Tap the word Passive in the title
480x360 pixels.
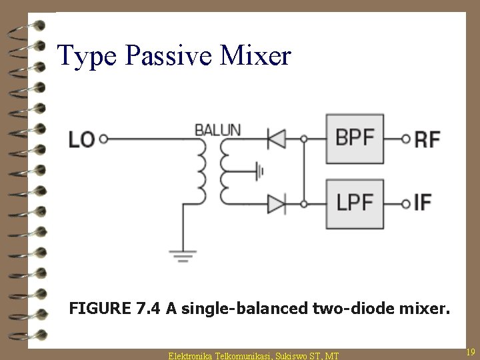174,55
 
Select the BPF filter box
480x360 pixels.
355,139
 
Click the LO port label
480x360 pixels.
81,140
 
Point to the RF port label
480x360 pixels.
427,139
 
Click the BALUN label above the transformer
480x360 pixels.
217,129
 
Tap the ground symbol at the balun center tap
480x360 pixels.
259,171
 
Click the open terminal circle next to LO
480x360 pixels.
104,139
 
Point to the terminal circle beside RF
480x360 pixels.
406,139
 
